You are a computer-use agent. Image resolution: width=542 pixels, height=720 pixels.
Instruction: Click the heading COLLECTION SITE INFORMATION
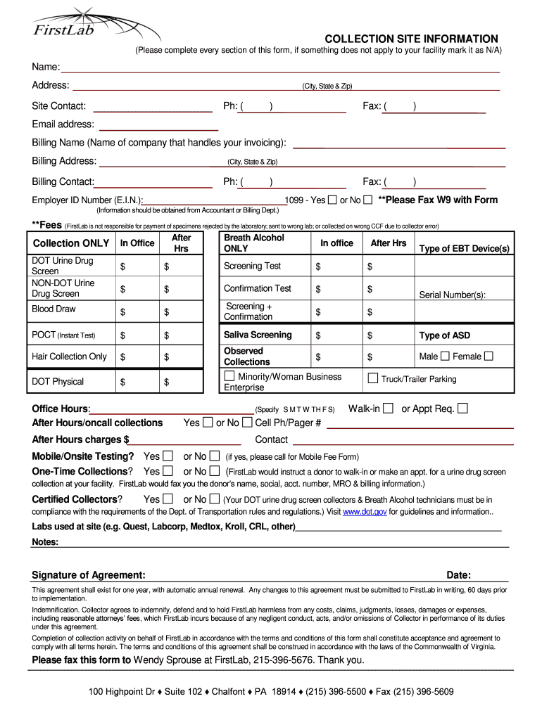coord(411,39)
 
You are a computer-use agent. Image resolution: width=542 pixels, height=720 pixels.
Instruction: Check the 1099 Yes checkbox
coord(332,200)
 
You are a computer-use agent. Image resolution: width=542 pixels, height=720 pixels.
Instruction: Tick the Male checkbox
coord(445,356)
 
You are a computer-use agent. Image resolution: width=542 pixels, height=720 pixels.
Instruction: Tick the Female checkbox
coord(489,356)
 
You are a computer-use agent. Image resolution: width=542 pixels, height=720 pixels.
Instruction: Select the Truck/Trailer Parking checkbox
coord(373,378)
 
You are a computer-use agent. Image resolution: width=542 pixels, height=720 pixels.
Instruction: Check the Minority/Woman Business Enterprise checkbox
coord(229,377)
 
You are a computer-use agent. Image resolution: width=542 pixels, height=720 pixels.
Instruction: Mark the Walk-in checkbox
coord(388,408)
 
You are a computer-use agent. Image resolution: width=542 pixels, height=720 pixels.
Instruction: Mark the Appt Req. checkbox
coord(462,408)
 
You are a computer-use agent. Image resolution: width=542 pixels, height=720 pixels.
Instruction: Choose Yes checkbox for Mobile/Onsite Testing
coord(168,456)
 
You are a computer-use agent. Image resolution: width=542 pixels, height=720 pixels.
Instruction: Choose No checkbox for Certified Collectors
coord(215,499)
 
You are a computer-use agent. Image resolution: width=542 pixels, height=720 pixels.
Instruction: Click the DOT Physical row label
coord(58,382)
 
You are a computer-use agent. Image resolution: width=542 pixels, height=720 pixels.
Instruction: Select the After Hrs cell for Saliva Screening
coord(388,335)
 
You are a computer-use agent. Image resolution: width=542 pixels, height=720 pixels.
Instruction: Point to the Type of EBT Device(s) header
coord(464,249)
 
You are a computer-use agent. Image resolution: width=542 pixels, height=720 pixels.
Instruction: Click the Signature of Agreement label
coord(89,574)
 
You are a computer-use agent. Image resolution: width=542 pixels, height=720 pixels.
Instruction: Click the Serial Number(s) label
coord(453,295)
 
